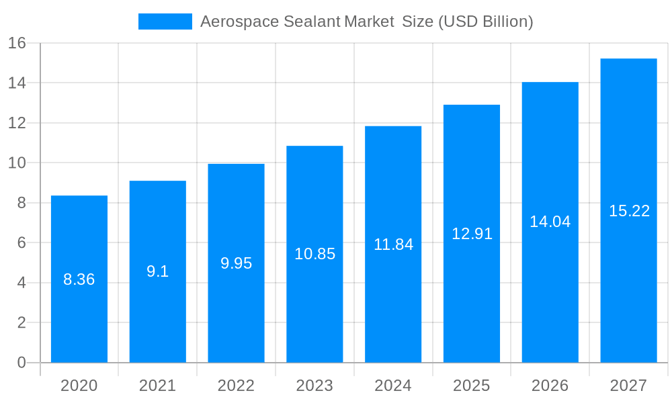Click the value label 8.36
tap(79, 279)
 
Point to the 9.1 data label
tap(158, 271)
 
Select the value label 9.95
tap(237, 263)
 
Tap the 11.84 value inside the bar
tap(393, 244)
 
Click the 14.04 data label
tap(550, 222)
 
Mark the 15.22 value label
tap(629, 211)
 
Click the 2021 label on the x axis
tap(158, 386)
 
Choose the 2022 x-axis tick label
tap(237, 386)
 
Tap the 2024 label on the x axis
tap(393, 386)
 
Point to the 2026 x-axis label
tap(550, 386)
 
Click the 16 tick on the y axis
tap(17, 43)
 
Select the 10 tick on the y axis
tap(17, 163)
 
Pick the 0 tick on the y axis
tap(21, 363)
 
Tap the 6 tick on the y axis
tap(21, 242)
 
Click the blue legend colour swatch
tap(165, 21)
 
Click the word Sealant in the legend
tap(312, 21)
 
